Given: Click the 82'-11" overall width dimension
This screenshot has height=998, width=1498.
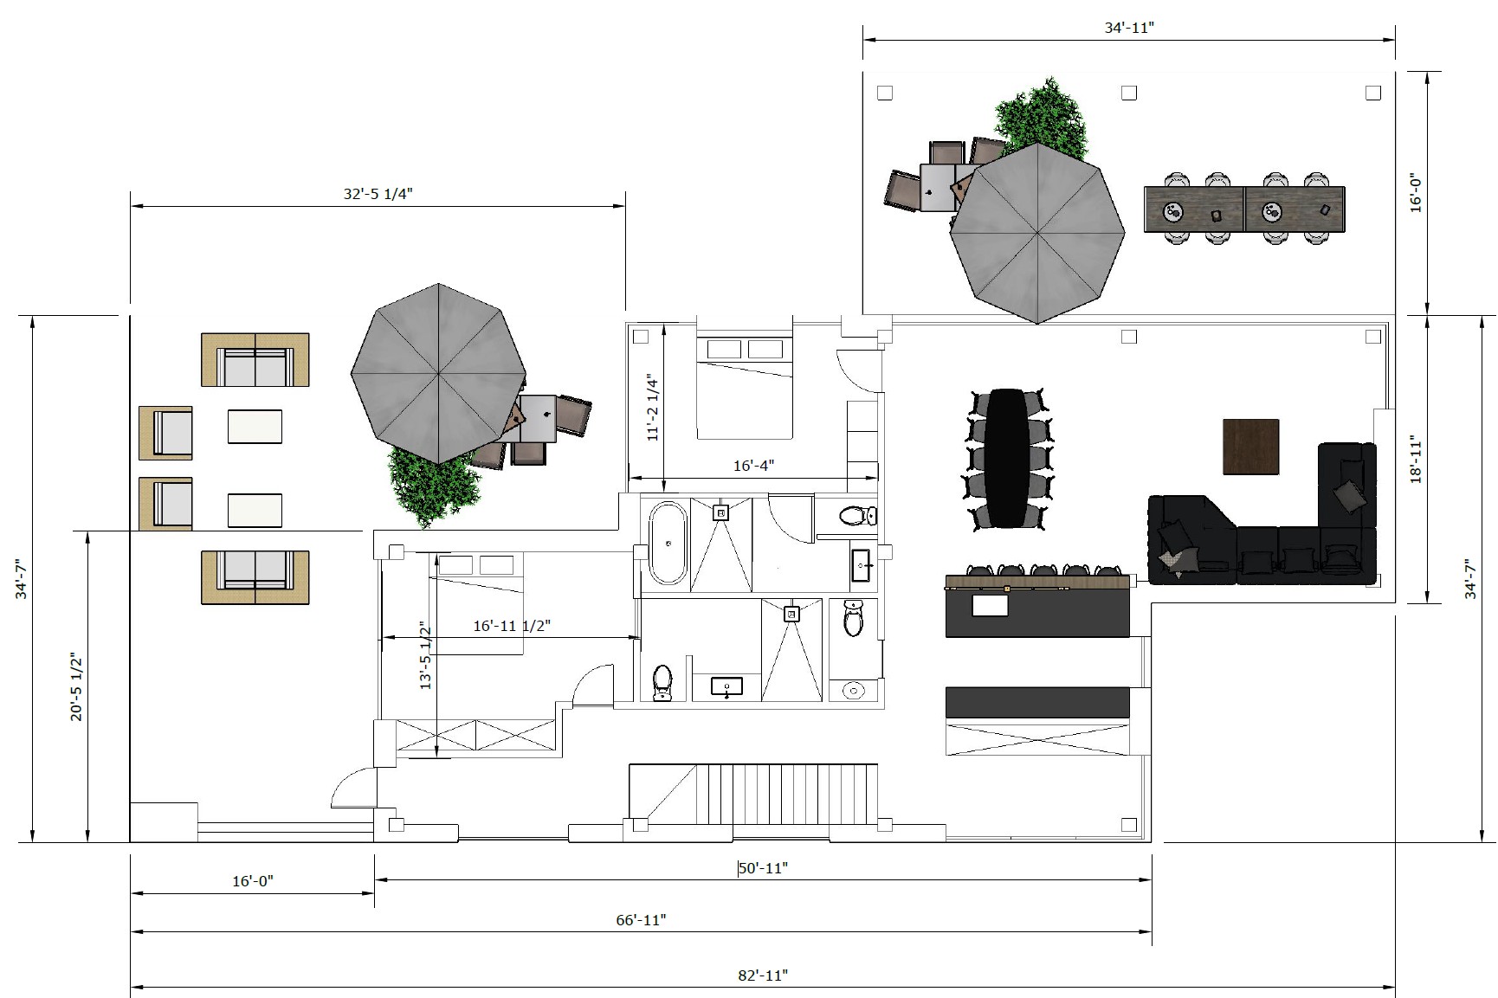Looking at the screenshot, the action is [763, 975].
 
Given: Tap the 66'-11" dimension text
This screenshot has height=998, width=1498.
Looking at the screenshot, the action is [641, 920].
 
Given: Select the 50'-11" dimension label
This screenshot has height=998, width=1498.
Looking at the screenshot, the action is [763, 868].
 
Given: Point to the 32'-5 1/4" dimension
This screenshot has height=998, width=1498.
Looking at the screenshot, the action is [378, 194].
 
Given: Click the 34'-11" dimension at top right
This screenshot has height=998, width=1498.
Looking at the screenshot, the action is [1129, 28].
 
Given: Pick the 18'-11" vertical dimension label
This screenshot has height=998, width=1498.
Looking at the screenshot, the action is [1417, 459].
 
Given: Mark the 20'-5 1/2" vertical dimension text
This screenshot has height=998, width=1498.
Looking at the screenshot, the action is [76, 687].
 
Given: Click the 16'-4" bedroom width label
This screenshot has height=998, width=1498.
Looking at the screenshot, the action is [753, 466].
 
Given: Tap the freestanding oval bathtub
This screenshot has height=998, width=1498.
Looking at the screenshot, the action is [668, 544].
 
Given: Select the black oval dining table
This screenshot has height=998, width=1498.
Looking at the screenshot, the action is [1007, 458].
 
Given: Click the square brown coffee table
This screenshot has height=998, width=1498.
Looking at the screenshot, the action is [1251, 447].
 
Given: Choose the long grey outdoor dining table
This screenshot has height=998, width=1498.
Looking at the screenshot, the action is [1244, 209].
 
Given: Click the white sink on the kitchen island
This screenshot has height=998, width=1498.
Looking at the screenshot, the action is [990, 604].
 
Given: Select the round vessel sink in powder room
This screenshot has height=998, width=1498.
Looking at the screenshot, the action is [855, 690].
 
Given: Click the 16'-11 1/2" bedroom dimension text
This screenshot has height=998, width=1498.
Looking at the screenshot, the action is [512, 626].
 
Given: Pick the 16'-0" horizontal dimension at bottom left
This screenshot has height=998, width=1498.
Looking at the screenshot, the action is [252, 881].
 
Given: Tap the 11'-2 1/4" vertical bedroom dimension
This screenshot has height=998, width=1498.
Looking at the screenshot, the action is [653, 408].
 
